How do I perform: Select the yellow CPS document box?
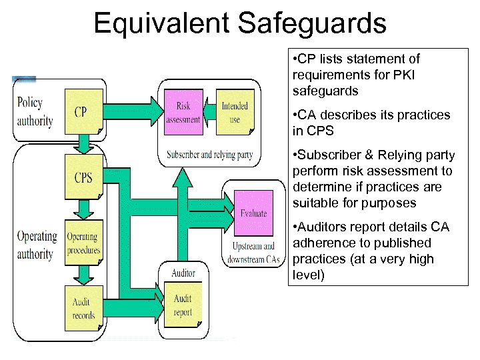coord(83,177)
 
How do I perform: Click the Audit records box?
coord(83,307)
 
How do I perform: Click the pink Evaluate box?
coord(253,212)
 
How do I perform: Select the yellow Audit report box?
coord(183,307)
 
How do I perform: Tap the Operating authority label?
coord(36,245)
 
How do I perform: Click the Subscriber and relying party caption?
coord(209,155)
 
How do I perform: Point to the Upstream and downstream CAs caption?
coord(253,253)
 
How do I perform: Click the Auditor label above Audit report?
coord(183,273)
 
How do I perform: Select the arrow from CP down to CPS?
coord(83,141)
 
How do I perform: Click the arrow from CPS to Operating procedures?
coord(83,209)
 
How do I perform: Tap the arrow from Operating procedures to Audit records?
coord(83,273)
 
